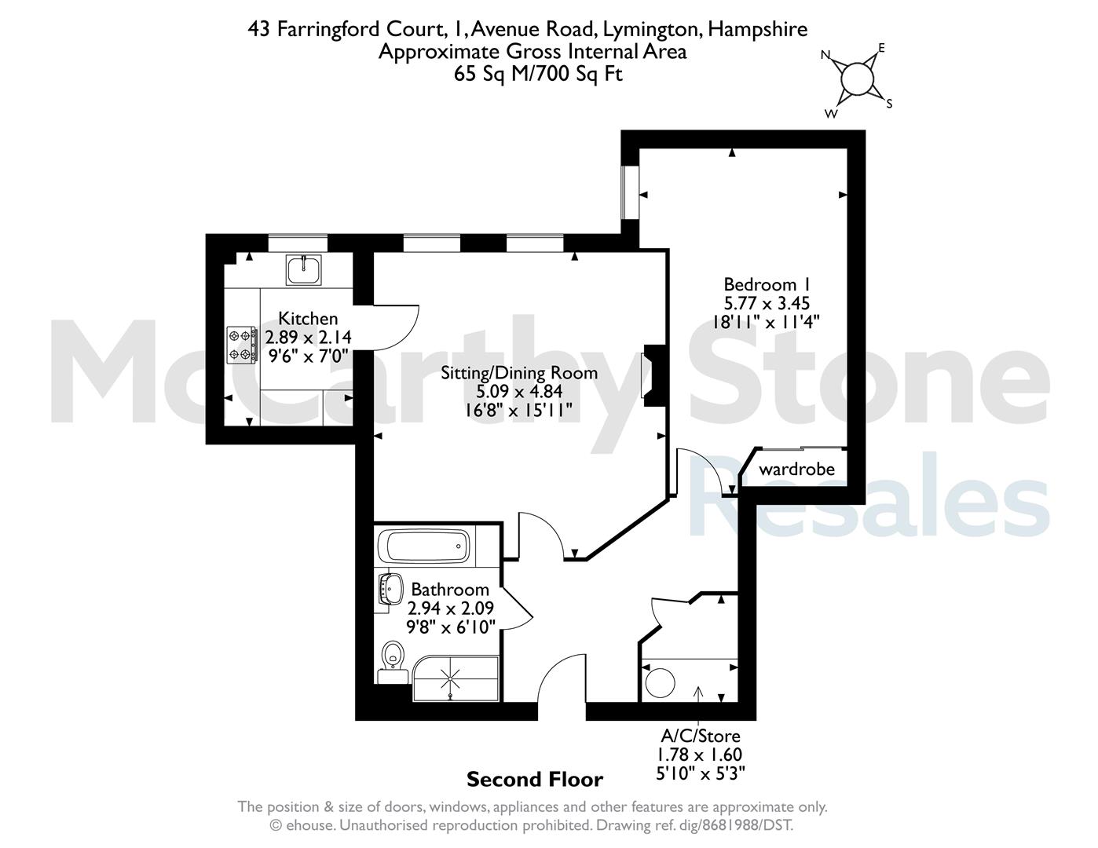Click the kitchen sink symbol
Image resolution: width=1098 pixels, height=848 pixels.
click(303, 269)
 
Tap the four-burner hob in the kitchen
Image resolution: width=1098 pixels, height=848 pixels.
click(241, 345)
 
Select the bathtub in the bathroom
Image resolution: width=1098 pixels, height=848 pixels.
click(427, 546)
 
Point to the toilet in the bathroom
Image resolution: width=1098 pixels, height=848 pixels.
click(393, 662)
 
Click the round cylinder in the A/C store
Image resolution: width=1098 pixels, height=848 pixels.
click(660, 682)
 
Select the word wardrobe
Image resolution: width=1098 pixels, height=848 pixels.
click(796, 470)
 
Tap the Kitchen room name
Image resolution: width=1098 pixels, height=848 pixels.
click(308, 318)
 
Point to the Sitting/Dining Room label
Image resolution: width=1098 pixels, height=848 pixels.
click(519, 373)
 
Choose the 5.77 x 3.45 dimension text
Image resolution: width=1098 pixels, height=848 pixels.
click(767, 303)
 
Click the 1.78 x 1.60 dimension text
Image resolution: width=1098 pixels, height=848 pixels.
click(699, 755)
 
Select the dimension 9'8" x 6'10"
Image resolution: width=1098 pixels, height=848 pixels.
click(451, 627)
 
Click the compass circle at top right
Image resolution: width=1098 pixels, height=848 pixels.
click(857, 79)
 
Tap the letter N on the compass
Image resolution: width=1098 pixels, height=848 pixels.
click(825, 55)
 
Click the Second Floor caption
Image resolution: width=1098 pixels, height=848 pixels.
click(535, 780)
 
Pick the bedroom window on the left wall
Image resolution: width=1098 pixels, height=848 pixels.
click(630, 192)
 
